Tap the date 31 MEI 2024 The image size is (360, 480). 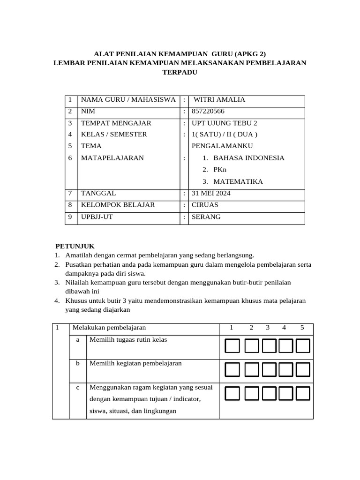pyautogui.click(x=211, y=193)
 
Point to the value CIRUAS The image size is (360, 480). pyautogui.click(x=205, y=205)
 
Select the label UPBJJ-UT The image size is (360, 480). pyautogui.click(x=97, y=217)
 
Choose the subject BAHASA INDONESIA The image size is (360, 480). pyautogui.click(x=248, y=158)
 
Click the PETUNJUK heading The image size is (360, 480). pyautogui.click(x=75, y=246)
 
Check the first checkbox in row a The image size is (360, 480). pyautogui.click(x=232, y=346)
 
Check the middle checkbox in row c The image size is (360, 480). pyautogui.click(x=268, y=393)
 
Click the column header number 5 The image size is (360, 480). pyautogui.click(x=302, y=328)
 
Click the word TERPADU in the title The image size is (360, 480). pyautogui.click(x=180, y=72)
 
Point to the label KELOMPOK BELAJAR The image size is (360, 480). pyautogui.click(x=118, y=205)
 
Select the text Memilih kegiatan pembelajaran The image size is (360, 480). pyautogui.click(x=135, y=363)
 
